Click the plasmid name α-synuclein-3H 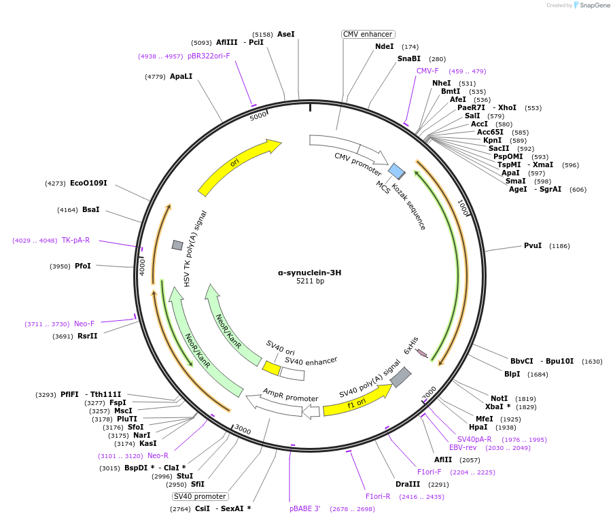[x=309, y=272]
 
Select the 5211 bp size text [x=310, y=281]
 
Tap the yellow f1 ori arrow [x=356, y=400]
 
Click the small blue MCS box [x=396, y=171]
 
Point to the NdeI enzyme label [x=384, y=46]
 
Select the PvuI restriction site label [x=533, y=245]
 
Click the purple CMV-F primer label [x=427, y=71]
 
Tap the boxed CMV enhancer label [x=368, y=34]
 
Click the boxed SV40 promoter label [x=200, y=496]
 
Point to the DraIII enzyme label [x=408, y=485]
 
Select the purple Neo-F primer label [x=84, y=324]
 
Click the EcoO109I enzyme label [x=88, y=183]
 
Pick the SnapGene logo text [x=594, y=5]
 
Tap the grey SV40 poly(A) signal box [x=400, y=377]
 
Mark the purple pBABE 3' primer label [x=304, y=508]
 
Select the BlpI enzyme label [x=512, y=374]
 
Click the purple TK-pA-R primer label [x=75, y=240]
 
